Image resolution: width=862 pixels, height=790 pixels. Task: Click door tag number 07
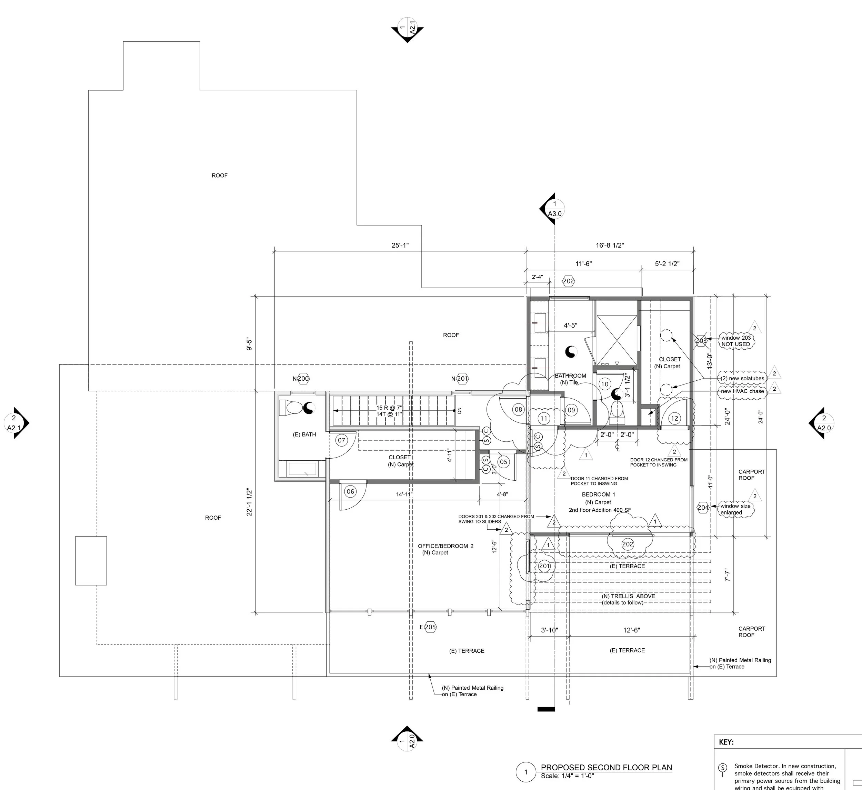coord(341,440)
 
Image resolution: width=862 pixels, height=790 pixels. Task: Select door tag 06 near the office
coord(350,491)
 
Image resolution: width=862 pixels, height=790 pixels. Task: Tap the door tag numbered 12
coord(674,418)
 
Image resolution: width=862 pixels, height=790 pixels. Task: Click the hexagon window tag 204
coord(703,508)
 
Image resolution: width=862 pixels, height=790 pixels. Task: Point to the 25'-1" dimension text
coord(400,246)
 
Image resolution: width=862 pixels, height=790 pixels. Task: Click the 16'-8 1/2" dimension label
coord(610,246)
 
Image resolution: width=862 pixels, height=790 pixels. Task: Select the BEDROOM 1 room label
coord(598,494)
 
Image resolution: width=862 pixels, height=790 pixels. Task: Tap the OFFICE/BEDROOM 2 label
coord(445,546)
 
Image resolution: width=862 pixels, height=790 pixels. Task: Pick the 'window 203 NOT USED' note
coord(736,341)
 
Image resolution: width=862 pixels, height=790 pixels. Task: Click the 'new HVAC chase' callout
coord(742,391)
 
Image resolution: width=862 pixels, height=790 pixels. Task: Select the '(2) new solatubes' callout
coord(742,379)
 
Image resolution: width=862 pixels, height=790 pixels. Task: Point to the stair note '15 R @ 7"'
coord(389,408)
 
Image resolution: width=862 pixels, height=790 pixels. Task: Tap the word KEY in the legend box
coord(726,742)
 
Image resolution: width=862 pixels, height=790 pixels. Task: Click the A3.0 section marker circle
coord(554,209)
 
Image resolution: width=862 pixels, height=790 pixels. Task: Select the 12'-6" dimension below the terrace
coord(632,630)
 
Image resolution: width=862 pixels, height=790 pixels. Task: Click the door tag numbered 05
coord(503,462)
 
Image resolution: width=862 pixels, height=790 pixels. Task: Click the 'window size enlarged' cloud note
coord(735,509)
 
